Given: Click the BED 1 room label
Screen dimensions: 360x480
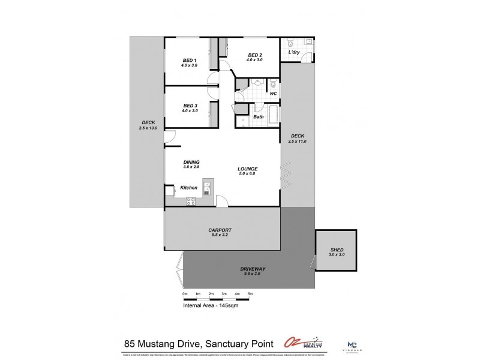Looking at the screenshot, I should click(190, 60).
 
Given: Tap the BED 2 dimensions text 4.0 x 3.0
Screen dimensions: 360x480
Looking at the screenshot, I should click(256, 60).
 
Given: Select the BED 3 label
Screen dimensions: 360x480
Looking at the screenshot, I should click(191, 106).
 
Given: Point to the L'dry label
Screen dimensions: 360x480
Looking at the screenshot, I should click(294, 53).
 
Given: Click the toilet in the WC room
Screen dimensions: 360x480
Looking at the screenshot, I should click(272, 84).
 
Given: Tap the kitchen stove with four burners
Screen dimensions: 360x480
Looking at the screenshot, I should click(191, 202).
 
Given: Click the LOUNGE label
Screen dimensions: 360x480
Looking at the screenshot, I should click(247, 169).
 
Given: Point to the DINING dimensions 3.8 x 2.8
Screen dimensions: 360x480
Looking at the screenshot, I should click(192, 168).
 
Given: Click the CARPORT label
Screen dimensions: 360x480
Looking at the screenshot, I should click(220, 230).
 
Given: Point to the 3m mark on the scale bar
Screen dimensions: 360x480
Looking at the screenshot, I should click(224, 294).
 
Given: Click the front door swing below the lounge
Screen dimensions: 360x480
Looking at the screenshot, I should click(221, 201).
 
